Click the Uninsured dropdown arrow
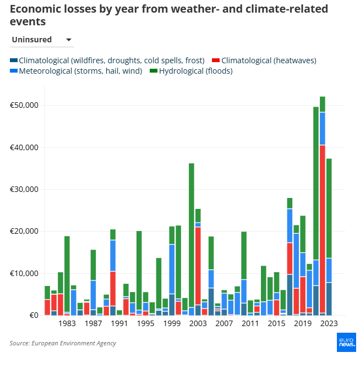[x=69, y=40]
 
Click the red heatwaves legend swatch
[x=216, y=60]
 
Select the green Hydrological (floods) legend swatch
[x=154, y=71]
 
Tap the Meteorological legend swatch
[x=14, y=71]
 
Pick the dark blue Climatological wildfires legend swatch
[x=14, y=60]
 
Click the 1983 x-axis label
[x=67, y=324]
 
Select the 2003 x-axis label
[x=198, y=324]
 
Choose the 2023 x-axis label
[x=329, y=324]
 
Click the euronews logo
[x=346, y=342]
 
